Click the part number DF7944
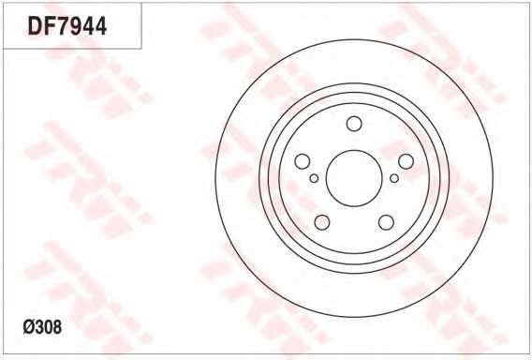coord(67,26)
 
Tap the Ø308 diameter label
coord(42,327)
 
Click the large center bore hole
coord(354,178)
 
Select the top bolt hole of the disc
coord(354,124)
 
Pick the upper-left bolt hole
coord(302,161)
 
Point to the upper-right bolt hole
coord(406,161)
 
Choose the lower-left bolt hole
coord(322,222)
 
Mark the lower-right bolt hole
coord(386,222)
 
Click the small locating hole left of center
coord(314,178)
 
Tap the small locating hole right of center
coord(394,178)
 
